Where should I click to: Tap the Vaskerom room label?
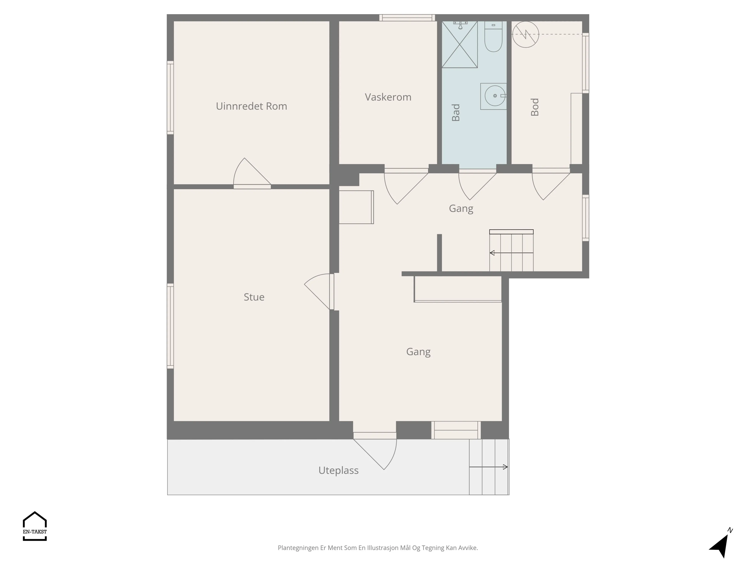(388, 97)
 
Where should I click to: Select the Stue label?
(254, 297)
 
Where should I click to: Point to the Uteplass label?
(338, 471)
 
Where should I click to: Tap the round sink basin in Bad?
(495, 96)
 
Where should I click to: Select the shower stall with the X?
(460, 45)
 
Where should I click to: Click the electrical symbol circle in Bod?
(526, 34)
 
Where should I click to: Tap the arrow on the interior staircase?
(511, 253)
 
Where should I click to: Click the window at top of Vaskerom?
(407, 18)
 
